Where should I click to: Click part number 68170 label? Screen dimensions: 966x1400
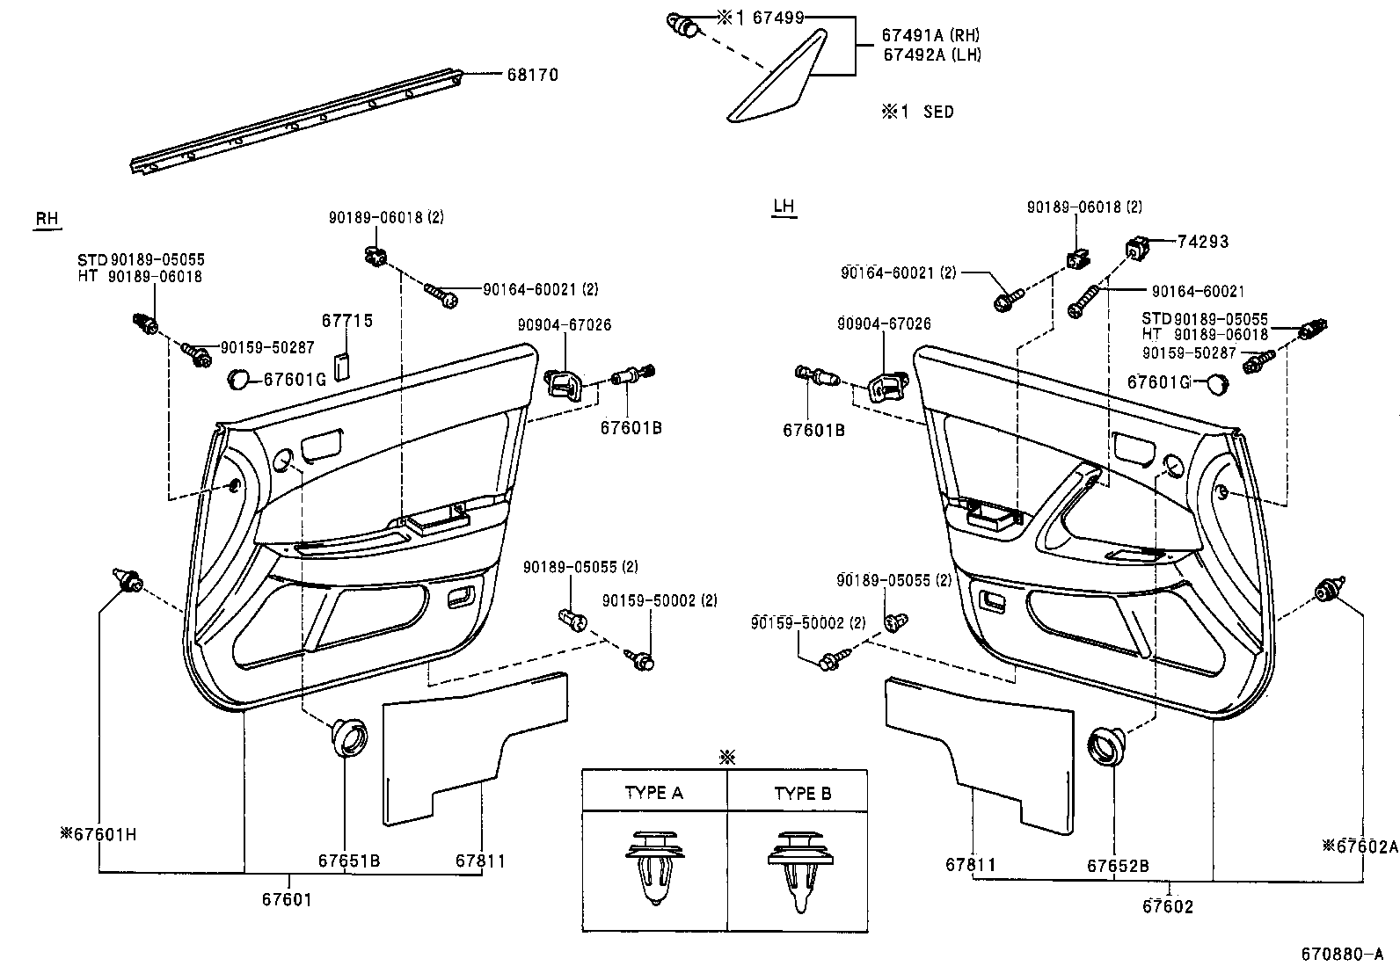click(x=532, y=76)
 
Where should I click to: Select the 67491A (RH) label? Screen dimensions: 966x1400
click(x=930, y=36)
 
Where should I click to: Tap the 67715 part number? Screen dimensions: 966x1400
click(x=347, y=321)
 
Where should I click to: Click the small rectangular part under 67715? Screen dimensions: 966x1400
click(x=343, y=364)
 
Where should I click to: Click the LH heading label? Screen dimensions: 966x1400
click(x=783, y=207)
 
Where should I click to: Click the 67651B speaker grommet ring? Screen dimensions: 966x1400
click(x=350, y=737)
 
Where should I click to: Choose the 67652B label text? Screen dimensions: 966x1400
click(x=1118, y=866)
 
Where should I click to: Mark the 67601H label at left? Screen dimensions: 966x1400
click(x=98, y=834)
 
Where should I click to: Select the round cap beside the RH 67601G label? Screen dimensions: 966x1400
click(x=238, y=380)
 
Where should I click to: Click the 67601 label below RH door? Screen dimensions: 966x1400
click(x=287, y=899)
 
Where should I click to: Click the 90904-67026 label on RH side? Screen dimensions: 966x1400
click(x=565, y=325)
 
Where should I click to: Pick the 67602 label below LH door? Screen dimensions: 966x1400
click(x=1168, y=906)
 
